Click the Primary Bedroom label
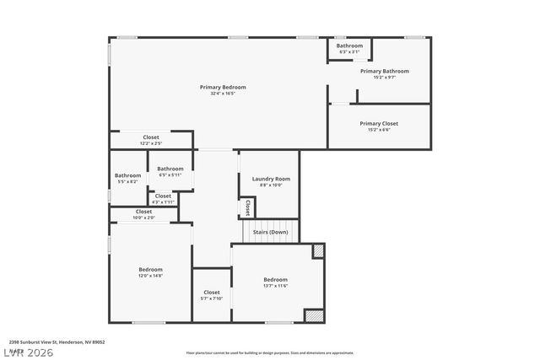(x=223, y=87)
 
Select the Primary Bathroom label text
(x=384, y=72)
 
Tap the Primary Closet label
(x=378, y=123)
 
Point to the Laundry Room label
(x=271, y=179)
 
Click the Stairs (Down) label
(x=270, y=232)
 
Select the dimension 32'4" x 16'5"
(x=223, y=94)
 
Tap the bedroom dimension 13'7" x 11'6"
(x=275, y=286)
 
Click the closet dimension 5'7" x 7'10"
(x=212, y=298)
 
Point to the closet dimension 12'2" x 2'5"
(x=151, y=143)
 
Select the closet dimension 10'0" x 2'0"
(x=143, y=218)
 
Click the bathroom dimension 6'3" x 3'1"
(x=349, y=52)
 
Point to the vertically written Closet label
(x=247, y=207)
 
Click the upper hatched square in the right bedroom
(x=318, y=250)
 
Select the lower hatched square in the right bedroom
(x=314, y=315)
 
